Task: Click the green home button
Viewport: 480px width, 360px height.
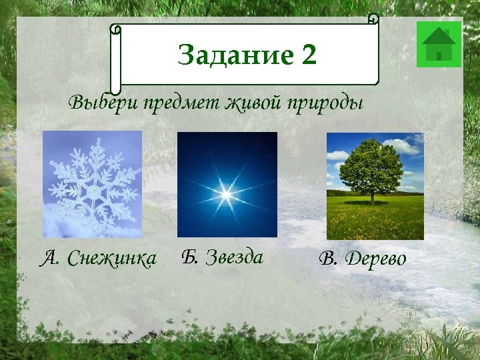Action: [439, 45]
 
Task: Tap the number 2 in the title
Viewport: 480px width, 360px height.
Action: [309, 55]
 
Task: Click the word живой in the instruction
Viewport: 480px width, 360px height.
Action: [255, 104]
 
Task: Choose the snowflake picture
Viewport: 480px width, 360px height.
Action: [92, 184]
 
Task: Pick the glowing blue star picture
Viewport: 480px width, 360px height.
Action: [227, 185]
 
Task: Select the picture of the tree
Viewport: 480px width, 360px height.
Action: [375, 186]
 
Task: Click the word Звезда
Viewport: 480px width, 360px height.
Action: [234, 257]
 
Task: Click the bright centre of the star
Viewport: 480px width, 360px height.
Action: [226, 194]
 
